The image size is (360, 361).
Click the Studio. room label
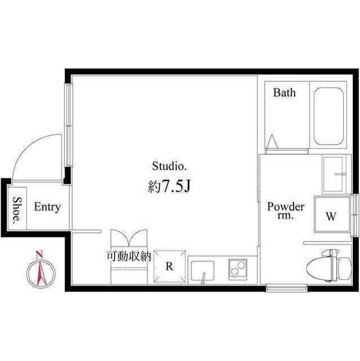[169, 166]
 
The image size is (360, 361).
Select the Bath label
[285, 93]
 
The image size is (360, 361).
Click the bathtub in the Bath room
[329, 116]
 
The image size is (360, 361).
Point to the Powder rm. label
[286, 210]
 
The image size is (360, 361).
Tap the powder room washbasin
[335, 175]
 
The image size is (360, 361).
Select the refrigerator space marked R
[170, 266]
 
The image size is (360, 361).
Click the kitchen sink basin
[202, 271]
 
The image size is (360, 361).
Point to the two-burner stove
[238, 270]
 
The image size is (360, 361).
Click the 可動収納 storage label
[128, 256]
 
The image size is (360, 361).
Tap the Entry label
[47, 207]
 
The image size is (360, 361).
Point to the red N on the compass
[39, 254]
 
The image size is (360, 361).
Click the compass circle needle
[41, 272]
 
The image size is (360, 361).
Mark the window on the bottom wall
[287, 288]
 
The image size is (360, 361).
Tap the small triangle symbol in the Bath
[273, 141]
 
